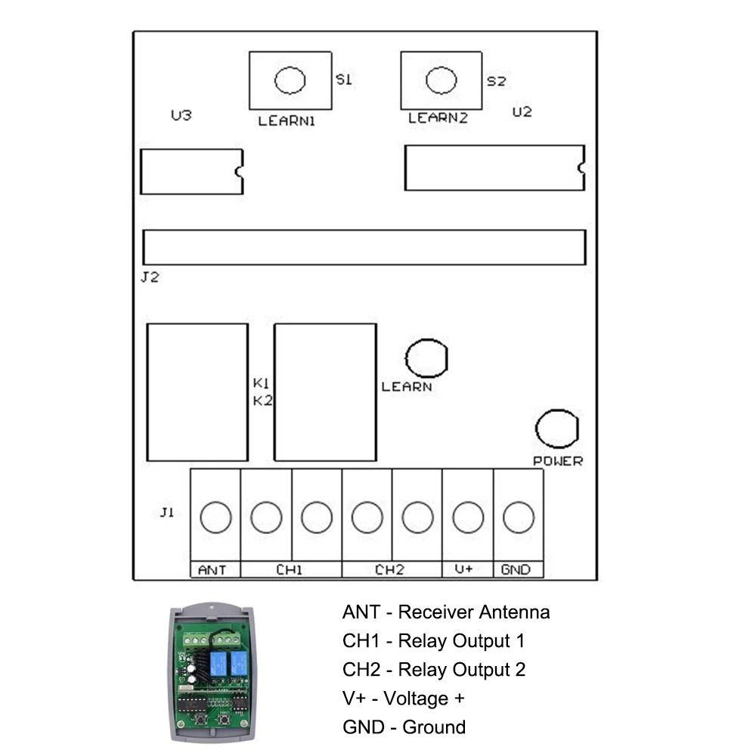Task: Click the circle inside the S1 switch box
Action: tap(290, 80)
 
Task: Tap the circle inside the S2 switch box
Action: tap(442, 80)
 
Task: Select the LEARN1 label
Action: tap(287, 121)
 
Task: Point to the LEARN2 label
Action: tap(438, 118)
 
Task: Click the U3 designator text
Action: tap(181, 115)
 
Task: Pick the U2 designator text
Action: tap(522, 112)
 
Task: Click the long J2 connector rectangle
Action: tap(364, 247)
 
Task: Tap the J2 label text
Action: tap(150, 277)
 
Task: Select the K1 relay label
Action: tap(261, 383)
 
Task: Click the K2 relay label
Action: tap(263, 401)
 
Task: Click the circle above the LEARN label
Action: tap(426, 358)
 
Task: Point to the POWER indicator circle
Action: tap(557, 429)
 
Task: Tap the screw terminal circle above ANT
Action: tap(215, 517)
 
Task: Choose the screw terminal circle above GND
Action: tap(519, 517)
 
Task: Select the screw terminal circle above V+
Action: tap(468, 517)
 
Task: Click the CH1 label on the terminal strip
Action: tap(290, 570)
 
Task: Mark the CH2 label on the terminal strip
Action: tap(389, 570)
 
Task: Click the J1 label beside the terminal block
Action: tap(167, 512)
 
